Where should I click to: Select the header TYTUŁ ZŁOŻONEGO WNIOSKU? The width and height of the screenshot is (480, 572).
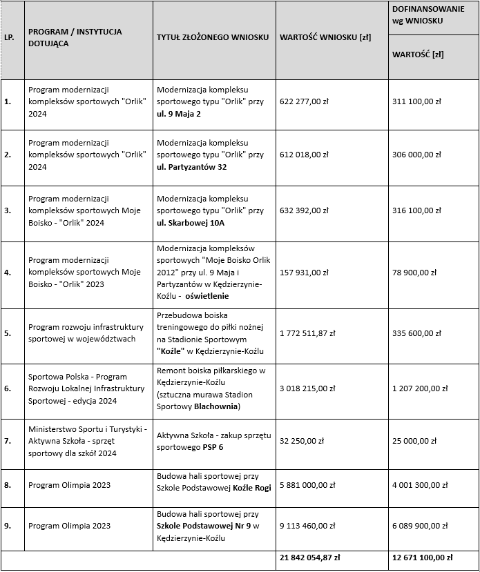pos(213,37)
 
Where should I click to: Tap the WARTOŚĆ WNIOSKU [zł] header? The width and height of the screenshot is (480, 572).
pos(325,37)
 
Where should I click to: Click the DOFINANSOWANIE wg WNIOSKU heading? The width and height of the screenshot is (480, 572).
pos(428,14)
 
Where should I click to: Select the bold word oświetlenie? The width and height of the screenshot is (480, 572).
pos(207,296)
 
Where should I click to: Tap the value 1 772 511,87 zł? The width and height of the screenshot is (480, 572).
pos(307,333)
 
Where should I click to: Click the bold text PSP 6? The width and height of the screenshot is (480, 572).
pos(213,447)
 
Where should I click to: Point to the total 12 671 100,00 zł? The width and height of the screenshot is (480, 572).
pos(422,558)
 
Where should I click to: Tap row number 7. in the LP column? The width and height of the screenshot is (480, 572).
pos(8,441)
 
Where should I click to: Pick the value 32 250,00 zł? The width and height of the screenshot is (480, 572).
pos(303,441)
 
